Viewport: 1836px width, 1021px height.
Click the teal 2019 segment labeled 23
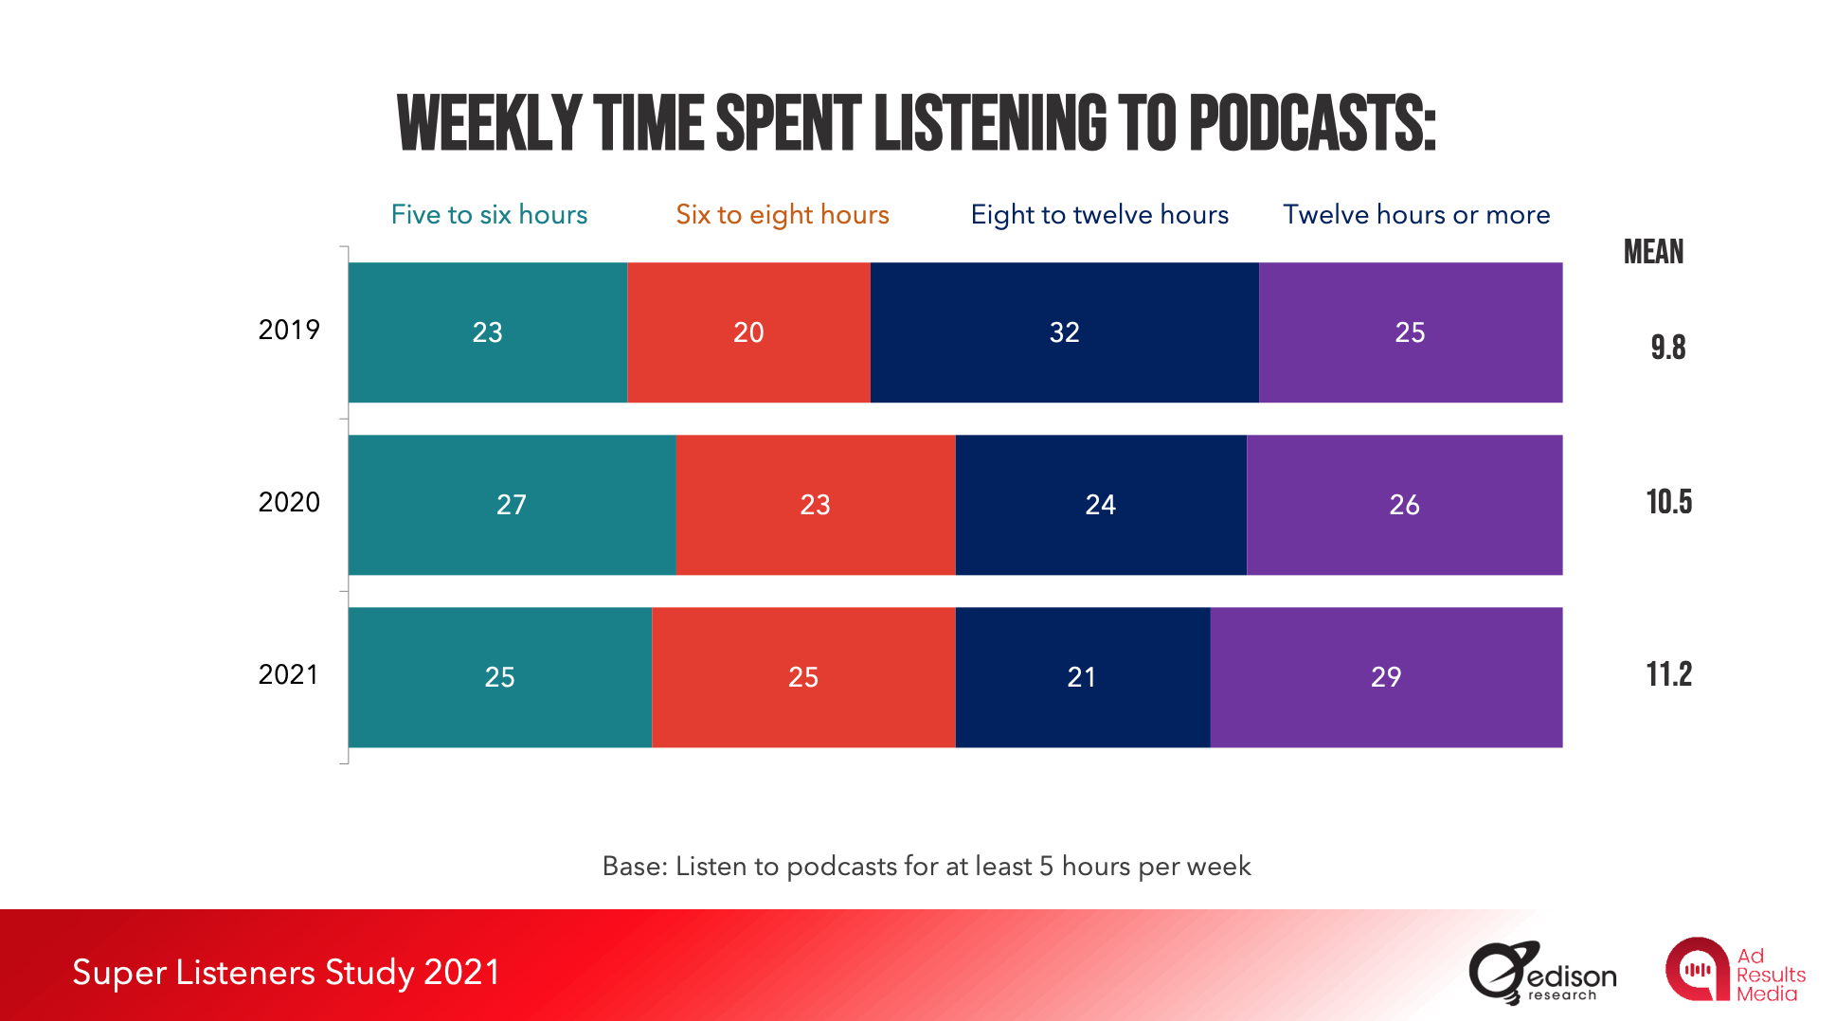487,332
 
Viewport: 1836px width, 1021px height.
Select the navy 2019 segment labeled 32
1064,332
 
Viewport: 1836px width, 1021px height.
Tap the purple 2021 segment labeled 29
1385,677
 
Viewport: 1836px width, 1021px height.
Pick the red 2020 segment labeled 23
815,505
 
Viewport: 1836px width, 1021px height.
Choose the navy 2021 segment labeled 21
1082,677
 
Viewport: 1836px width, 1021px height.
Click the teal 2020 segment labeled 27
512,505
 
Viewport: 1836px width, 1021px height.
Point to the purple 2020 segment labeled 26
1404,505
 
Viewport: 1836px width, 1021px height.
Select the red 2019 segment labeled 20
748,332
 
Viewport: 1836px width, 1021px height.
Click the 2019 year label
289,330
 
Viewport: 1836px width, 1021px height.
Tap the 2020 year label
289,502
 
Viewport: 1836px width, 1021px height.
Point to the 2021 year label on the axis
289,674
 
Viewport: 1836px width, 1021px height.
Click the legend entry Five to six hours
489,215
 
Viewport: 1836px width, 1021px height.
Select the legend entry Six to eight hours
783,215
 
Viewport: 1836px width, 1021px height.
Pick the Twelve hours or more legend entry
1416,215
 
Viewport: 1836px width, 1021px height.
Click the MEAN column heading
1653,252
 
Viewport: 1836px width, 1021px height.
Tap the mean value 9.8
1668,348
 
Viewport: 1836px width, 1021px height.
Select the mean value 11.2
1668,674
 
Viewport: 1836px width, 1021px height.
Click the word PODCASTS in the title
1312,124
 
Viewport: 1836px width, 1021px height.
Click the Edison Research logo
1542,972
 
